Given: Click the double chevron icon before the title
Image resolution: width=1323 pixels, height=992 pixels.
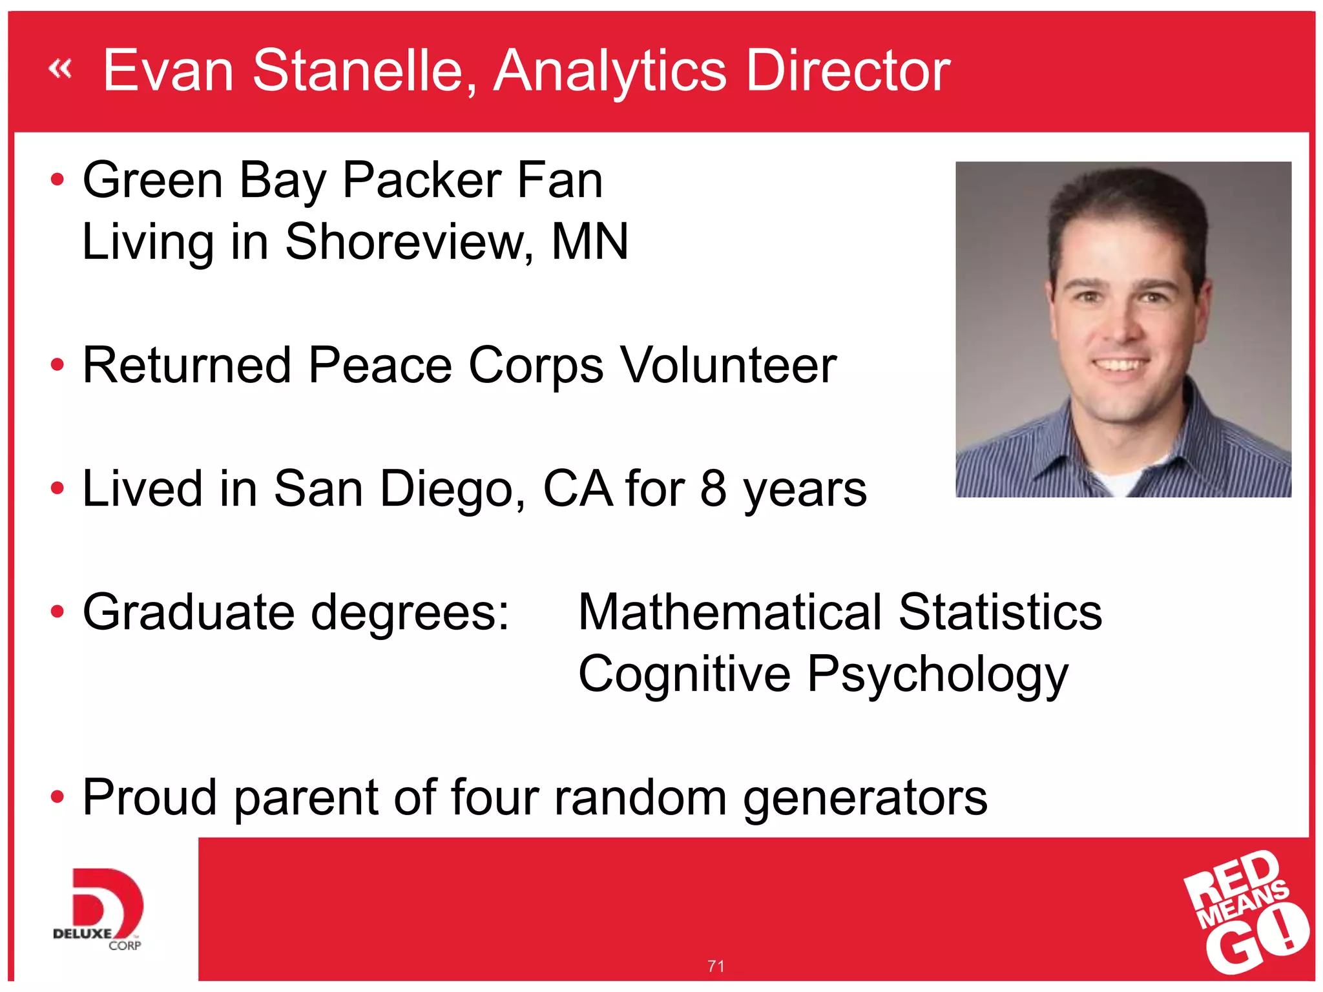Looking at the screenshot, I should pyautogui.click(x=60, y=68).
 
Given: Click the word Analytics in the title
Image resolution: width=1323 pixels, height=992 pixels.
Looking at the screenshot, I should pyautogui.click(x=610, y=71).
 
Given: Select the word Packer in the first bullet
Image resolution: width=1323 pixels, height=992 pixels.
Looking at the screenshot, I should pyautogui.click(x=422, y=181).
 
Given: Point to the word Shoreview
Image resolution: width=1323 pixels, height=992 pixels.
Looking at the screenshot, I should pyautogui.click(x=409, y=242).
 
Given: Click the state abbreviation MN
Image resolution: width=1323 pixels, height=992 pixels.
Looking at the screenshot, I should pyautogui.click(x=590, y=242).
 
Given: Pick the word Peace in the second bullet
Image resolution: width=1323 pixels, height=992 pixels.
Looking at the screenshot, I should pyautogui.click(x=380, y=366).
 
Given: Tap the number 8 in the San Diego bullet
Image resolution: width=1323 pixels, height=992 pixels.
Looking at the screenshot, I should pyautogui.click(x=713, y=489).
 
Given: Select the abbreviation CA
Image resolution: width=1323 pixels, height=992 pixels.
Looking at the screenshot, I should pyautogui.click(x=578, y=489).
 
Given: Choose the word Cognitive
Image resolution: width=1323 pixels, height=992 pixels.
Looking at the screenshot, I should pyautogui.click(x=684, y=674).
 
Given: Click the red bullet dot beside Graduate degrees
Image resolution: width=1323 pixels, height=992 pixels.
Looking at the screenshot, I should pyautogui.click(x=57, y=611).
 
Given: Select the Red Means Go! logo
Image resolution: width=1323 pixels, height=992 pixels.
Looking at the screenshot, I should pyautogui.click(x=1245, y=911).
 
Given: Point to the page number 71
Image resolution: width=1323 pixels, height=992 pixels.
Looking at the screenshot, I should pyautogui.click(x=716, y=966).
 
